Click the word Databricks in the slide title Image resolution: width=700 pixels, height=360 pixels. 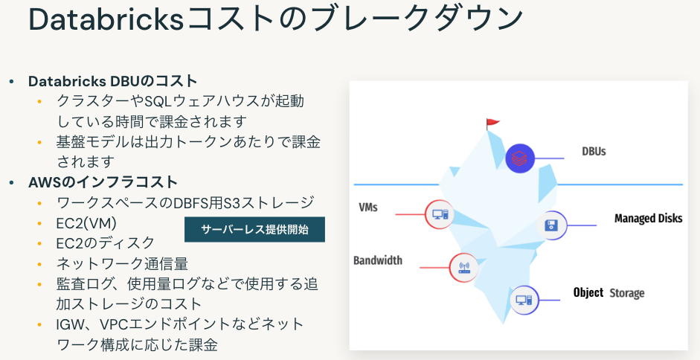pos(103,20)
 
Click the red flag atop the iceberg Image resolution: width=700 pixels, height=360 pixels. pos(492,123)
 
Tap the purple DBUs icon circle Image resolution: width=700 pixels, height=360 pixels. pos(521,158)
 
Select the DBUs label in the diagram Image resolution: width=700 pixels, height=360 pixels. pos(594,152)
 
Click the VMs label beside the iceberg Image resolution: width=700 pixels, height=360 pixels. pos(367,207)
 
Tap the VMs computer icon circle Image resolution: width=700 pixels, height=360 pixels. pos(439,214)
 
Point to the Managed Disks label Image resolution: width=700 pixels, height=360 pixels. pos(649,219)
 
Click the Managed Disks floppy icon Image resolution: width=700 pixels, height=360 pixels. pos(551,225)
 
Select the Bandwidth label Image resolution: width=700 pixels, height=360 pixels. pos(378,260)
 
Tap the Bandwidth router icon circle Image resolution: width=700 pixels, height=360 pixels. pos(463,267)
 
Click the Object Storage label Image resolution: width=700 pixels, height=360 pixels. pos(609,293)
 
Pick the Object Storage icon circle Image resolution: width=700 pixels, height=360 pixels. pos(524,300)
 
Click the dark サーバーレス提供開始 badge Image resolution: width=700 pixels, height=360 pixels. pos(254,229)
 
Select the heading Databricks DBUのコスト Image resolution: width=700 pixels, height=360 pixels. pos(112,81)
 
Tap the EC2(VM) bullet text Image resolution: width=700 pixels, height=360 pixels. pos(86,222)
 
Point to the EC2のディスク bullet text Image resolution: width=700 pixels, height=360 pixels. pos(106,242)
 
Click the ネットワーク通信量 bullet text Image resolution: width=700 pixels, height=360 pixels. pos(122,263)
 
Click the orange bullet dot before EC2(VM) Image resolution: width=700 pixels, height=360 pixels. pos(39,222)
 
